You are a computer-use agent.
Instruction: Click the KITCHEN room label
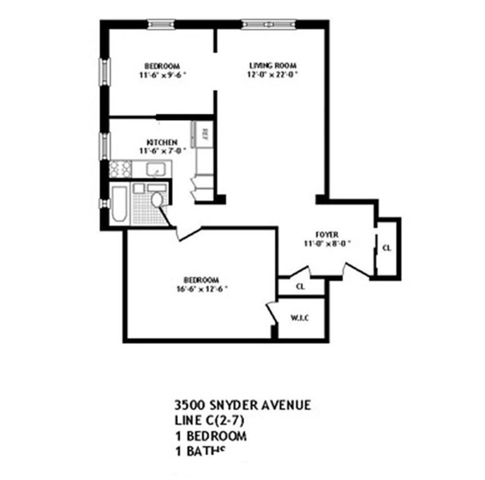[x=162, y=143]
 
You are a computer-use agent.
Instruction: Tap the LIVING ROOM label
[x=272, y=66]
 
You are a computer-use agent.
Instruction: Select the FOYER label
[x=327, y=234]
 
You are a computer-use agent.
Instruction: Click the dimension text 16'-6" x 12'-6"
[x=201, y=288]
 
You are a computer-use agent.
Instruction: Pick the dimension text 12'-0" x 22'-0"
[x=272, y=74]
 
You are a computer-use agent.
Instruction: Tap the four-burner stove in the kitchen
[x=120, y=168]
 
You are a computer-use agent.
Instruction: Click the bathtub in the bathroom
[x=119, y=204]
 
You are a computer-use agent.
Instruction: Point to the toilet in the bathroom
[x=156, y=200]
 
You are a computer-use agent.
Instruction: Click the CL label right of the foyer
[x=387, y=248]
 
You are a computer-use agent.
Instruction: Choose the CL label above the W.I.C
[x=301, y=287]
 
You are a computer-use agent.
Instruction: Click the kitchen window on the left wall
[x=103, y=146]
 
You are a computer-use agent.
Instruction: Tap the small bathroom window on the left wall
[x=103, y=204]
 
